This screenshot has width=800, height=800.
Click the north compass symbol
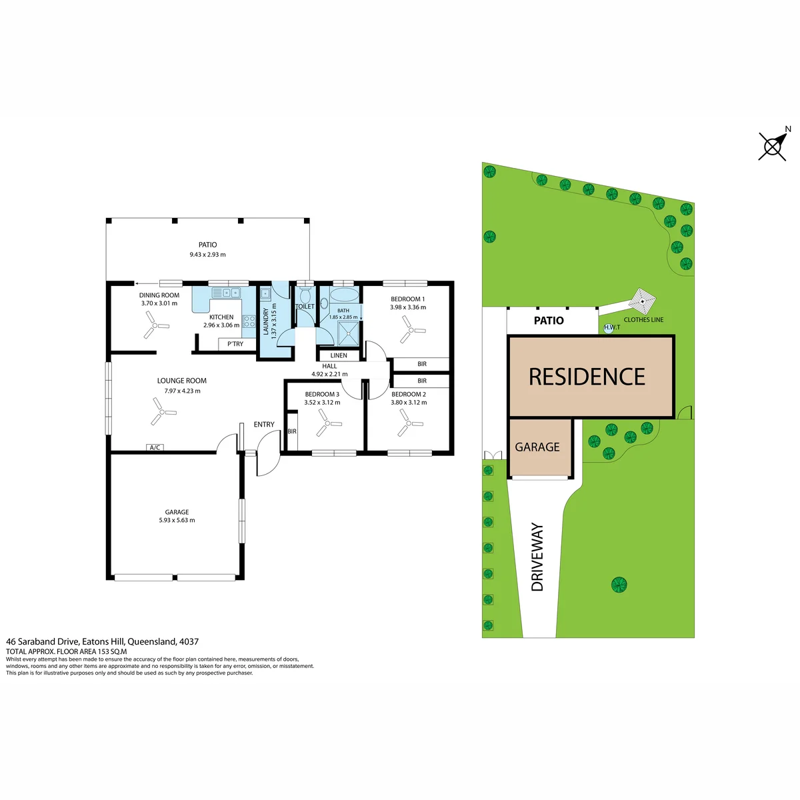[772, 147]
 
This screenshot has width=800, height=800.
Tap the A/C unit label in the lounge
[155, 447]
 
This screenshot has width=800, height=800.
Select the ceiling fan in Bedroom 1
[411, 330]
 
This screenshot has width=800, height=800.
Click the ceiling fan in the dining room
[155, 325]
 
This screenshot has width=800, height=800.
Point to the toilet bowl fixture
[305, 295]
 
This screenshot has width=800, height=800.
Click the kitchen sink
[226, 292]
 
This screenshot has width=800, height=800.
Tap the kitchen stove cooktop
[249, 321]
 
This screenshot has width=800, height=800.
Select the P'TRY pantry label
[235, 344]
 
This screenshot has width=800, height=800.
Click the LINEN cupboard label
[339, 355]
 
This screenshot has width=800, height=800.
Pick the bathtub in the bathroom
[345, 295]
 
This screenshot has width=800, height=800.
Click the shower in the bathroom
[348, 333]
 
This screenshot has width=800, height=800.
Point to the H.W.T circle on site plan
[608, 329]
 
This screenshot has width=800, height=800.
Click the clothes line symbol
[642, 301]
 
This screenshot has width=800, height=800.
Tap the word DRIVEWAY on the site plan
[537, 557]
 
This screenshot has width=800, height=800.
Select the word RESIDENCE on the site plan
[587, 377]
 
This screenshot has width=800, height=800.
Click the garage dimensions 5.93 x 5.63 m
[177, 520]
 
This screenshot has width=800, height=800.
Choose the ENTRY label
[264, 424]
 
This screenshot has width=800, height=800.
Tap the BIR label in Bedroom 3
[292, 431]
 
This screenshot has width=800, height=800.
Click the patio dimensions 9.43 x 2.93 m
[207, 255]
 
